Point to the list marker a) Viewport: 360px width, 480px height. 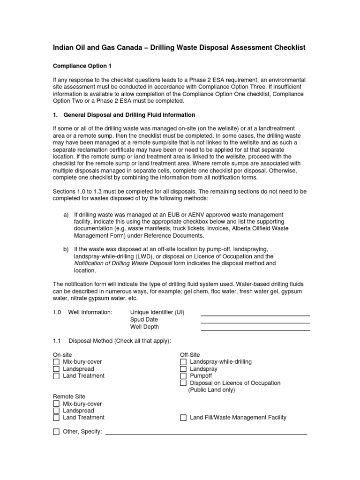click(66, 201)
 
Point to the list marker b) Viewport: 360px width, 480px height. click(66, 249)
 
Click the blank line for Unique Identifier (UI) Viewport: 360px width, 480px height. click(255, 315)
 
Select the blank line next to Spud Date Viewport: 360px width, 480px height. click(255, 323)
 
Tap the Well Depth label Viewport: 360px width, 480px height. click(144, 327)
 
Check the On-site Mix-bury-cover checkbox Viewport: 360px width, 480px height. click(56, 362)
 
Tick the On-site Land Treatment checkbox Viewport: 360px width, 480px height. click(56, 376)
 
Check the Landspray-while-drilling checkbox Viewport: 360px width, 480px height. click(184, 362)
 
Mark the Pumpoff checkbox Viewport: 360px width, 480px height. click(184, 376)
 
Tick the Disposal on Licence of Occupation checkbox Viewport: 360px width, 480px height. click(184, 383)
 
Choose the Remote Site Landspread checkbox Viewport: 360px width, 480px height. click(56, 411)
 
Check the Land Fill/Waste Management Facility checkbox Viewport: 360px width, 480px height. click(184, 418)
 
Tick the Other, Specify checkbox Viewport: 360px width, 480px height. click(56, 432)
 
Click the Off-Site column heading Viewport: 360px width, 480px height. click(190, 355)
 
